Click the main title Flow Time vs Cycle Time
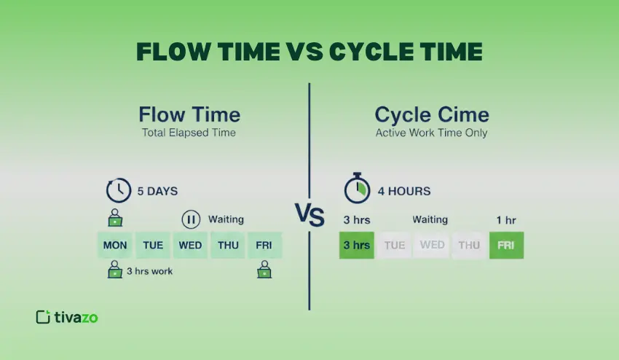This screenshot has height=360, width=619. (309, 52)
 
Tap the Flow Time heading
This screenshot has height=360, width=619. (189, 114)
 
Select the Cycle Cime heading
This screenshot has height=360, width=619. (432, 114)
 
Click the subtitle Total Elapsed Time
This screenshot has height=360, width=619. (189, 133)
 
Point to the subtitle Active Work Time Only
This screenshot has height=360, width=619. (432, 133)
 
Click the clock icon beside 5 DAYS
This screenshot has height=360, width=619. (119, 191)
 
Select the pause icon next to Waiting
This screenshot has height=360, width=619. (191, 219)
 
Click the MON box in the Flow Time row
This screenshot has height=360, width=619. (115, 245)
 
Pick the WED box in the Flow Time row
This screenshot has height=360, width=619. (191, 245)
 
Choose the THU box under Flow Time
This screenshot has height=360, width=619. (228, 245)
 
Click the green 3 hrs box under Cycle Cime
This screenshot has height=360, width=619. (357, 245)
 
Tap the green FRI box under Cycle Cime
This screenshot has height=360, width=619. (505, 245)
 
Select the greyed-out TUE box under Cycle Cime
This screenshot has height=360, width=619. (394, 245)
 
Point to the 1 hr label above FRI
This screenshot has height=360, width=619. (505, 219)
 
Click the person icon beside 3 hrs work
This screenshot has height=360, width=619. (115, 272)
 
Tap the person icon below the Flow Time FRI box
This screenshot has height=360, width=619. (264, 272)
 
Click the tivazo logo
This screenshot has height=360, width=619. (67, 316)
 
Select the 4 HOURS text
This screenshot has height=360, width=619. (403, 192)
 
